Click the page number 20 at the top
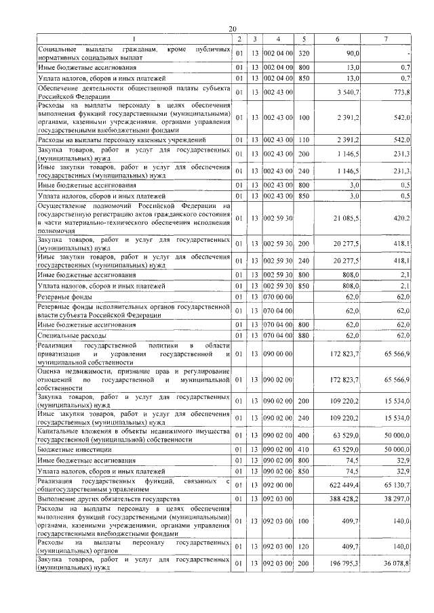pos(232,28)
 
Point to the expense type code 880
pos(304,335)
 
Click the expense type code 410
pos(304,449)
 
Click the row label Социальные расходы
pos(72,335)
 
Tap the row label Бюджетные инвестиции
pos(75,449)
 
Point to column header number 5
pos(304,39)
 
